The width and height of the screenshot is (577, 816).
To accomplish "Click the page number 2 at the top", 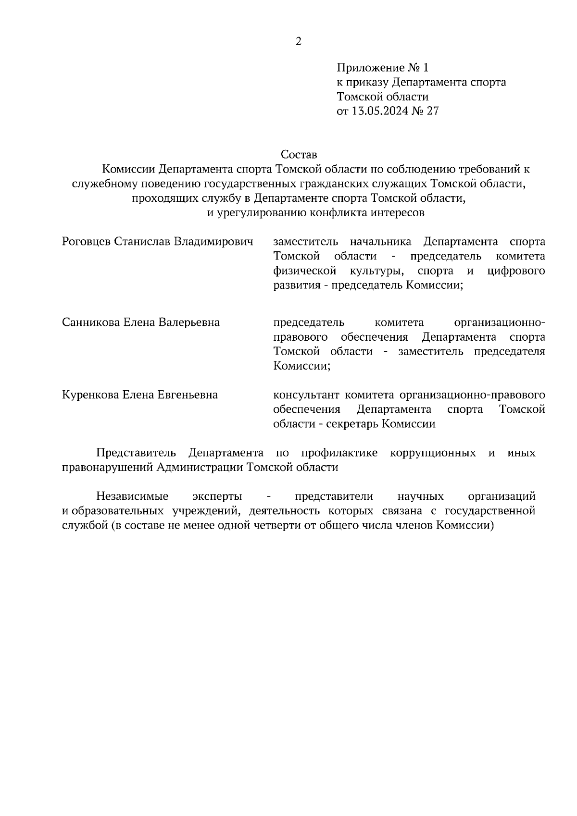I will click(x=298, y=41).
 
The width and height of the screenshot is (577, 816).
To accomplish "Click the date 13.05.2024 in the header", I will click(x=380, y=111).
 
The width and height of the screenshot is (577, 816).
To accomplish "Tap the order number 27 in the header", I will click(x=433, y=111).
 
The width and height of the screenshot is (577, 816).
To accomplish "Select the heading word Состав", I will click(x=299, y=155).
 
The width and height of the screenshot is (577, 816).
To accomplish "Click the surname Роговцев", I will click(x=87, y=241).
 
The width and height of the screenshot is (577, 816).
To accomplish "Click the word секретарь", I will click(x=351, y=424).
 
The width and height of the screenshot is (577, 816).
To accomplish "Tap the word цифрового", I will click(x=516, y=271).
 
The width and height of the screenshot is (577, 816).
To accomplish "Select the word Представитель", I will click(x=137, y=453).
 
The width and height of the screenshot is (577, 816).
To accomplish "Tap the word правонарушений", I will click(x=107, y=468).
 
